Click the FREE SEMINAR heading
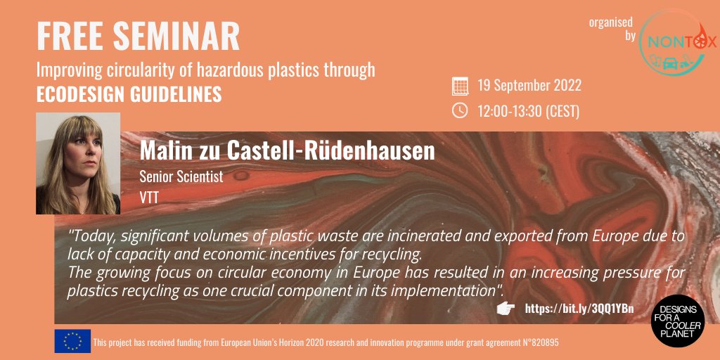pos(139,37)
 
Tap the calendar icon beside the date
pos(459,86)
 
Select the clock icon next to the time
pos(459,110)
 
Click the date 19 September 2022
pos(529,86)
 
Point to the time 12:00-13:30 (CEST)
pos(528,110)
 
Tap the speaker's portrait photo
pos(78,163)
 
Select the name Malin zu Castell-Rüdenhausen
pos(288,150)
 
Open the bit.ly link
pos(579,309)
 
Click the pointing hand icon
pos(506,309)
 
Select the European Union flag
pos(72,341)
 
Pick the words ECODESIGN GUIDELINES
pos(129,94)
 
